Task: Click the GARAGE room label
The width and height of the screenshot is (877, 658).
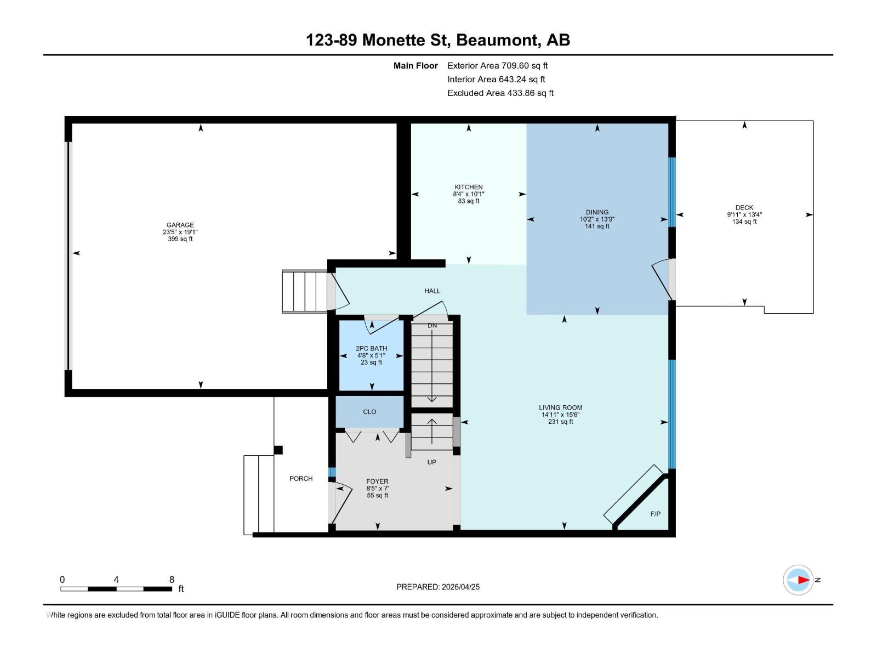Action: tap(180, 225)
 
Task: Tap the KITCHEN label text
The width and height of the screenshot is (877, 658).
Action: tap(468, 187)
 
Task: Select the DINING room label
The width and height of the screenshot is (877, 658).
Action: tap(597, 212)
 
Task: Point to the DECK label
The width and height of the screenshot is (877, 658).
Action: tap(744, 207)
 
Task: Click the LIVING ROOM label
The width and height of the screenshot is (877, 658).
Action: tap(560, 407)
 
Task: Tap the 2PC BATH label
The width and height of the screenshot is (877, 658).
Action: tap(371, 348)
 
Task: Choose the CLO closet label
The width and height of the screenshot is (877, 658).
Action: tap(369, 412)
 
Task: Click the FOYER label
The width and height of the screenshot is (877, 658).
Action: tap(377, 481)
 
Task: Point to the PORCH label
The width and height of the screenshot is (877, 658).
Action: tap(301, 479)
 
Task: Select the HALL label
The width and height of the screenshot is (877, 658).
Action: tap(432, 291)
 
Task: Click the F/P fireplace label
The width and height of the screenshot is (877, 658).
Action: tap(655, 514)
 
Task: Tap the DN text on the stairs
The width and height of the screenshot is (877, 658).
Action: tap(432, 326)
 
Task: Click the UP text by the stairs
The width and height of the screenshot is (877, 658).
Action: tap(431, 462)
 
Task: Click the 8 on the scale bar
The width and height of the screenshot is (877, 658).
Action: tap(172, 580)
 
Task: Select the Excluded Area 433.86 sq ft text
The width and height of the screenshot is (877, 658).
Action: tap(500, 93)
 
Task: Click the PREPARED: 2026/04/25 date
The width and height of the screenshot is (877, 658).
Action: tap(438, 587)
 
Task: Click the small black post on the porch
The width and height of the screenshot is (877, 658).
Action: tap(278, 450)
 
